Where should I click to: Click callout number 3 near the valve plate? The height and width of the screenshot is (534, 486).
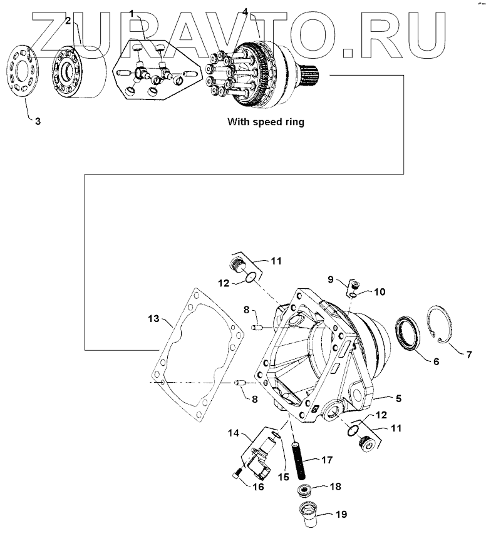38,121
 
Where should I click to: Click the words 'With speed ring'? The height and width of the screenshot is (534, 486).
266,122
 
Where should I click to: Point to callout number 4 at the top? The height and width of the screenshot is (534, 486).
245,11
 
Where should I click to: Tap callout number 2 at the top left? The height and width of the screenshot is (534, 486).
67,21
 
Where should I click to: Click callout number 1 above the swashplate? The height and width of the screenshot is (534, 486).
132,13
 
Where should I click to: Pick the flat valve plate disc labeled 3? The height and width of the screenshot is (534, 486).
23,71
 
